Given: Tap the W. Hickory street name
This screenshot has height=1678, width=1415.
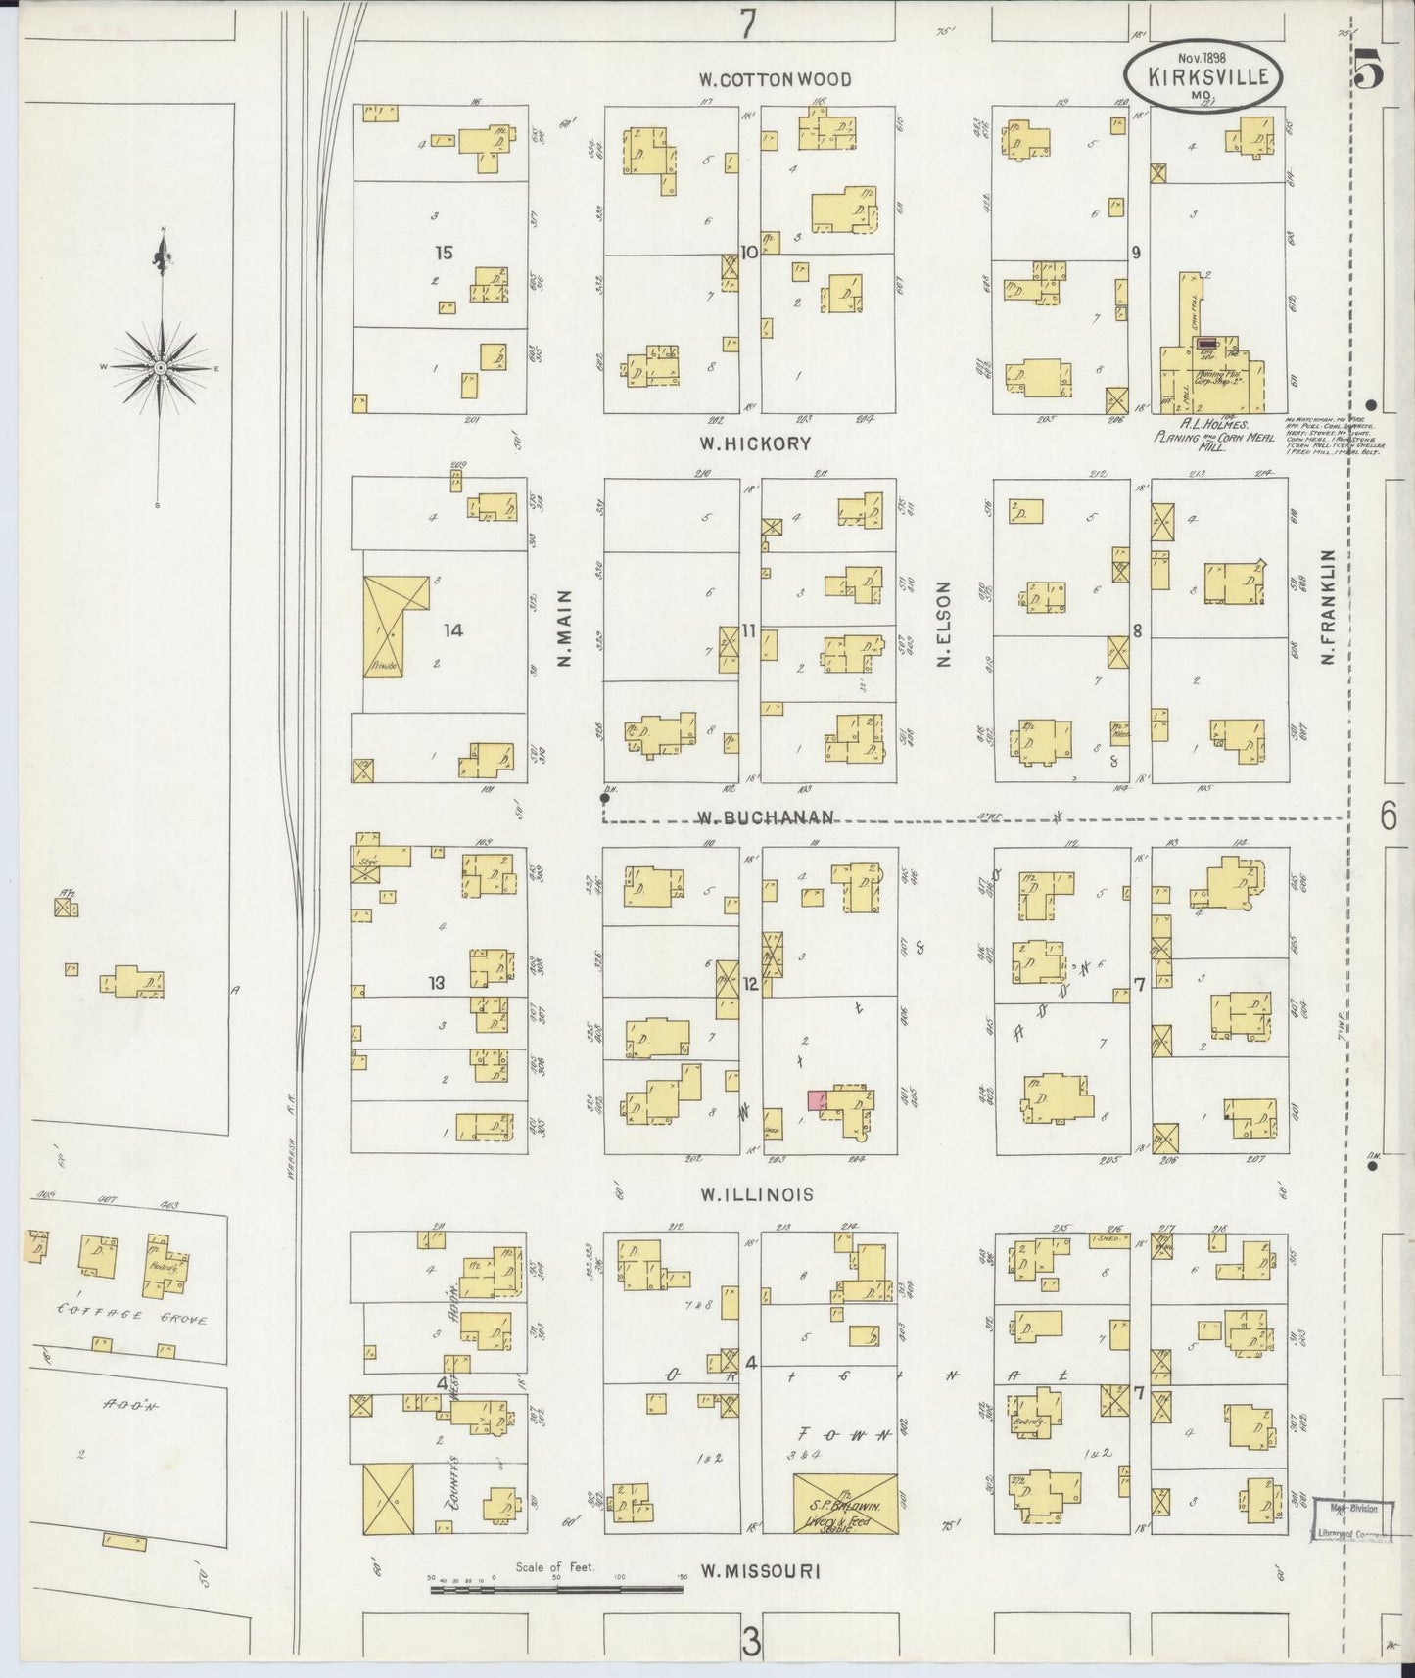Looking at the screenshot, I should point(754,443).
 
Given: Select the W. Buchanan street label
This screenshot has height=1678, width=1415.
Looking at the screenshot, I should point(766,817).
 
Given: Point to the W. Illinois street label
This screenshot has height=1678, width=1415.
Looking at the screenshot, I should point(756,1194).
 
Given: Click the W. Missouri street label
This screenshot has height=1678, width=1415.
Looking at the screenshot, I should point(759,1571).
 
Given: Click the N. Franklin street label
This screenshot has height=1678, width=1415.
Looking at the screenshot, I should point(1330,608).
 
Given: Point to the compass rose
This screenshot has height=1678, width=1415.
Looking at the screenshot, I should point(159,367).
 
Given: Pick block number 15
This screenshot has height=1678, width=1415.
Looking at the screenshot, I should point(444,253).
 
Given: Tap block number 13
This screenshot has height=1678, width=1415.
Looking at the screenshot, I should point(436,983).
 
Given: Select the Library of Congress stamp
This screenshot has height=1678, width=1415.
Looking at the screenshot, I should point(1351,1521).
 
